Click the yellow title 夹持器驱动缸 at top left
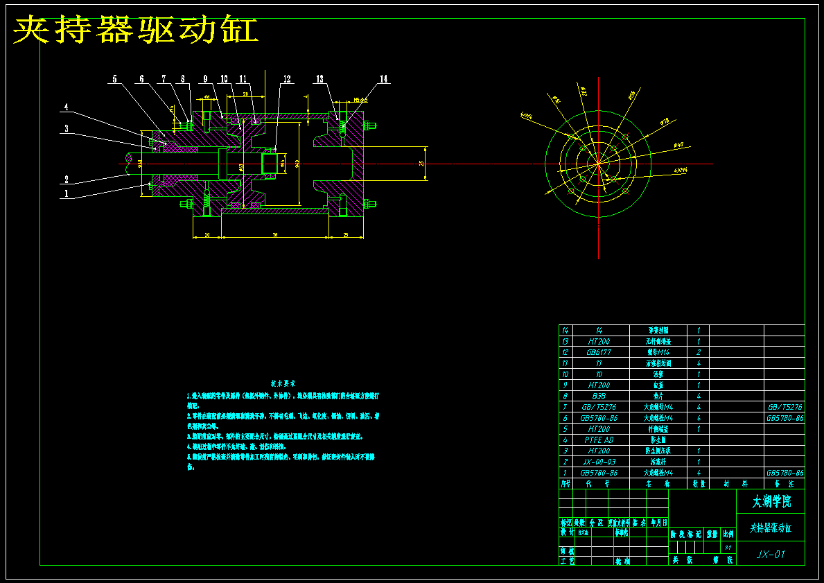pyautogui.click(x=136, y=31)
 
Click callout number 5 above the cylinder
pyautogui.click(x=115, y=79)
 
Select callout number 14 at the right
pyautogui.click(x=383, y=79)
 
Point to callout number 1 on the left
pyautogui.click(x=67, y=193)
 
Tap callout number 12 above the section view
pyautogui.click(x=287, y=79)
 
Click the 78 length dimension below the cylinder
pyautogui.click(x=275, y=235)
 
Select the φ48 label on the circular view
pyautogui.click(x=678, y=145)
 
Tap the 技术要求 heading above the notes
pyautogui.click(x=283, y=382)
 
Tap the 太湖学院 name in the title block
pyautogui.click(x=771, y=501)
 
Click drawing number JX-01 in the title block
pyautogui.click(x=771, y=554)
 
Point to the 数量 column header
pyautogui.click(x=698, y=483)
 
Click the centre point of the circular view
pyautogui.click(x=597, y=164)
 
